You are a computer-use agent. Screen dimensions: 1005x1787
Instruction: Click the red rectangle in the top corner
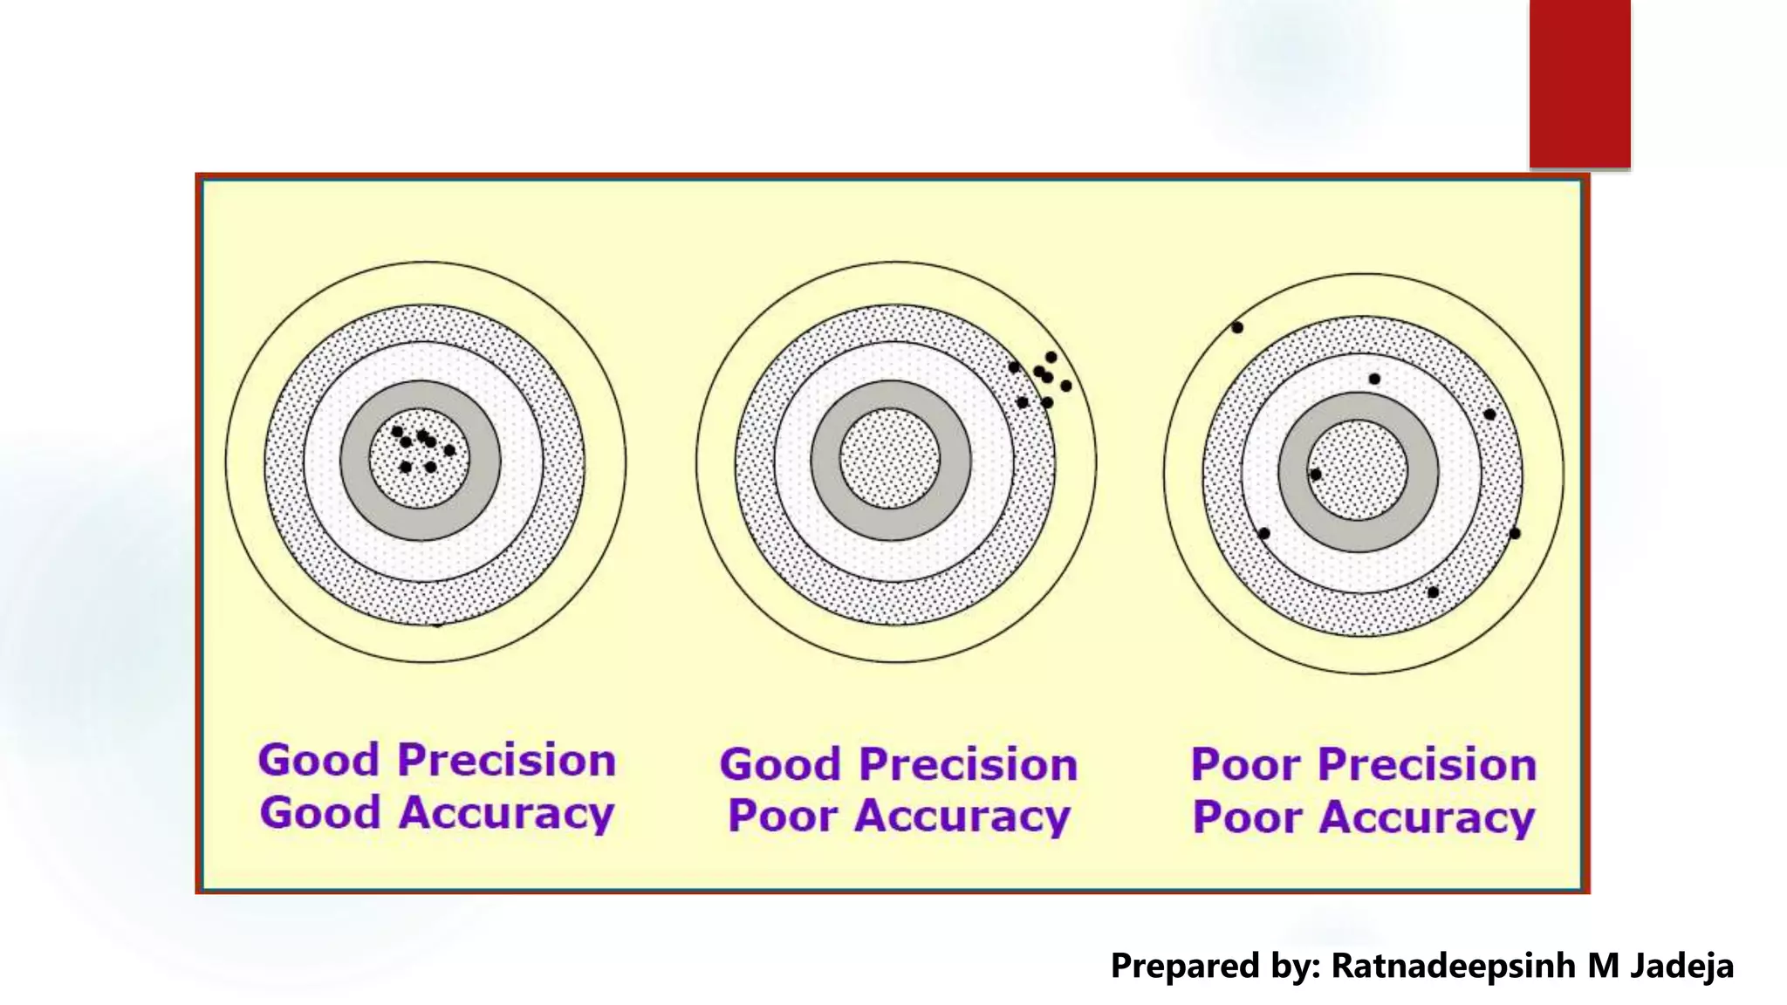tap(1579, 84)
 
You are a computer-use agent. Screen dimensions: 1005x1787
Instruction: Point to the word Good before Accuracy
tap(320, 812)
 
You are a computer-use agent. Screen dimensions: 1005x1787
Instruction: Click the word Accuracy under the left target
tap(507, 814)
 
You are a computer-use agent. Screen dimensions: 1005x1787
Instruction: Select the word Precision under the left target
tap(507, 760)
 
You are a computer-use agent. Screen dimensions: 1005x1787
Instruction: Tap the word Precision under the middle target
tap(969, 764)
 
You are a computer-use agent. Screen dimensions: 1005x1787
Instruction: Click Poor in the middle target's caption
tap(782, 817)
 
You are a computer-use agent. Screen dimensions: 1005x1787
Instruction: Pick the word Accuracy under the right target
tap(1427, 818)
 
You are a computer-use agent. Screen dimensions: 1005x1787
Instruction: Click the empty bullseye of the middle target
tap(890, 459)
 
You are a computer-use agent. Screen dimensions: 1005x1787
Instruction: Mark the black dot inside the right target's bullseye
tap(1316, 475)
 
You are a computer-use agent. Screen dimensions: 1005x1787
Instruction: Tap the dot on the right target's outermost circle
tap(1237, 328)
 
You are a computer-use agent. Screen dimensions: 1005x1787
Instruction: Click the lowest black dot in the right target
tap(1433, 592)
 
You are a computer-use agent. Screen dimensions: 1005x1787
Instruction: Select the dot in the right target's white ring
tap(1374, 379)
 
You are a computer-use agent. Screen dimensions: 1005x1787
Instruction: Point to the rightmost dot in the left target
tap(449, 450)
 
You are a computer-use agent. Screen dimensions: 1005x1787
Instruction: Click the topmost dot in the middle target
tap(1051, 357)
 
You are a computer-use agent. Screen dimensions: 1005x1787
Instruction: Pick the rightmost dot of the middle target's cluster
tap(1065, 386)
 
